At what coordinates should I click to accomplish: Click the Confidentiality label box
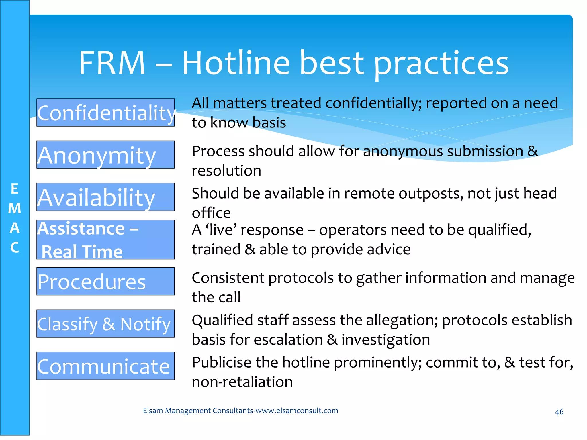(x=105, y=113)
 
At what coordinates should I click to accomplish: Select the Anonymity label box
(x=105, y=155)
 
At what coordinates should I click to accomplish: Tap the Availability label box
(x=105, y=197)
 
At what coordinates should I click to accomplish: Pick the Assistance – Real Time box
(x=105, y=239)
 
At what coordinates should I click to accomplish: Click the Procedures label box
(x=105, y=281)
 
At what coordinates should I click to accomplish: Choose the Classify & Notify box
(x=105, y=324)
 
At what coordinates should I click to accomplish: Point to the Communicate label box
(x=105, y=366)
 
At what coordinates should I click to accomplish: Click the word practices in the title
(x=441, y=64)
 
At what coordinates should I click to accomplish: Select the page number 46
(x=559, y=412)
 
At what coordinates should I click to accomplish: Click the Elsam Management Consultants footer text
(x=240, y=410)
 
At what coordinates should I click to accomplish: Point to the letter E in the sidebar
(x=15, y=189)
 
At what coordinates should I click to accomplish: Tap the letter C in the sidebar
(x=15, y=247)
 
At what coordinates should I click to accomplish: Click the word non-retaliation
(x=242, y=382)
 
